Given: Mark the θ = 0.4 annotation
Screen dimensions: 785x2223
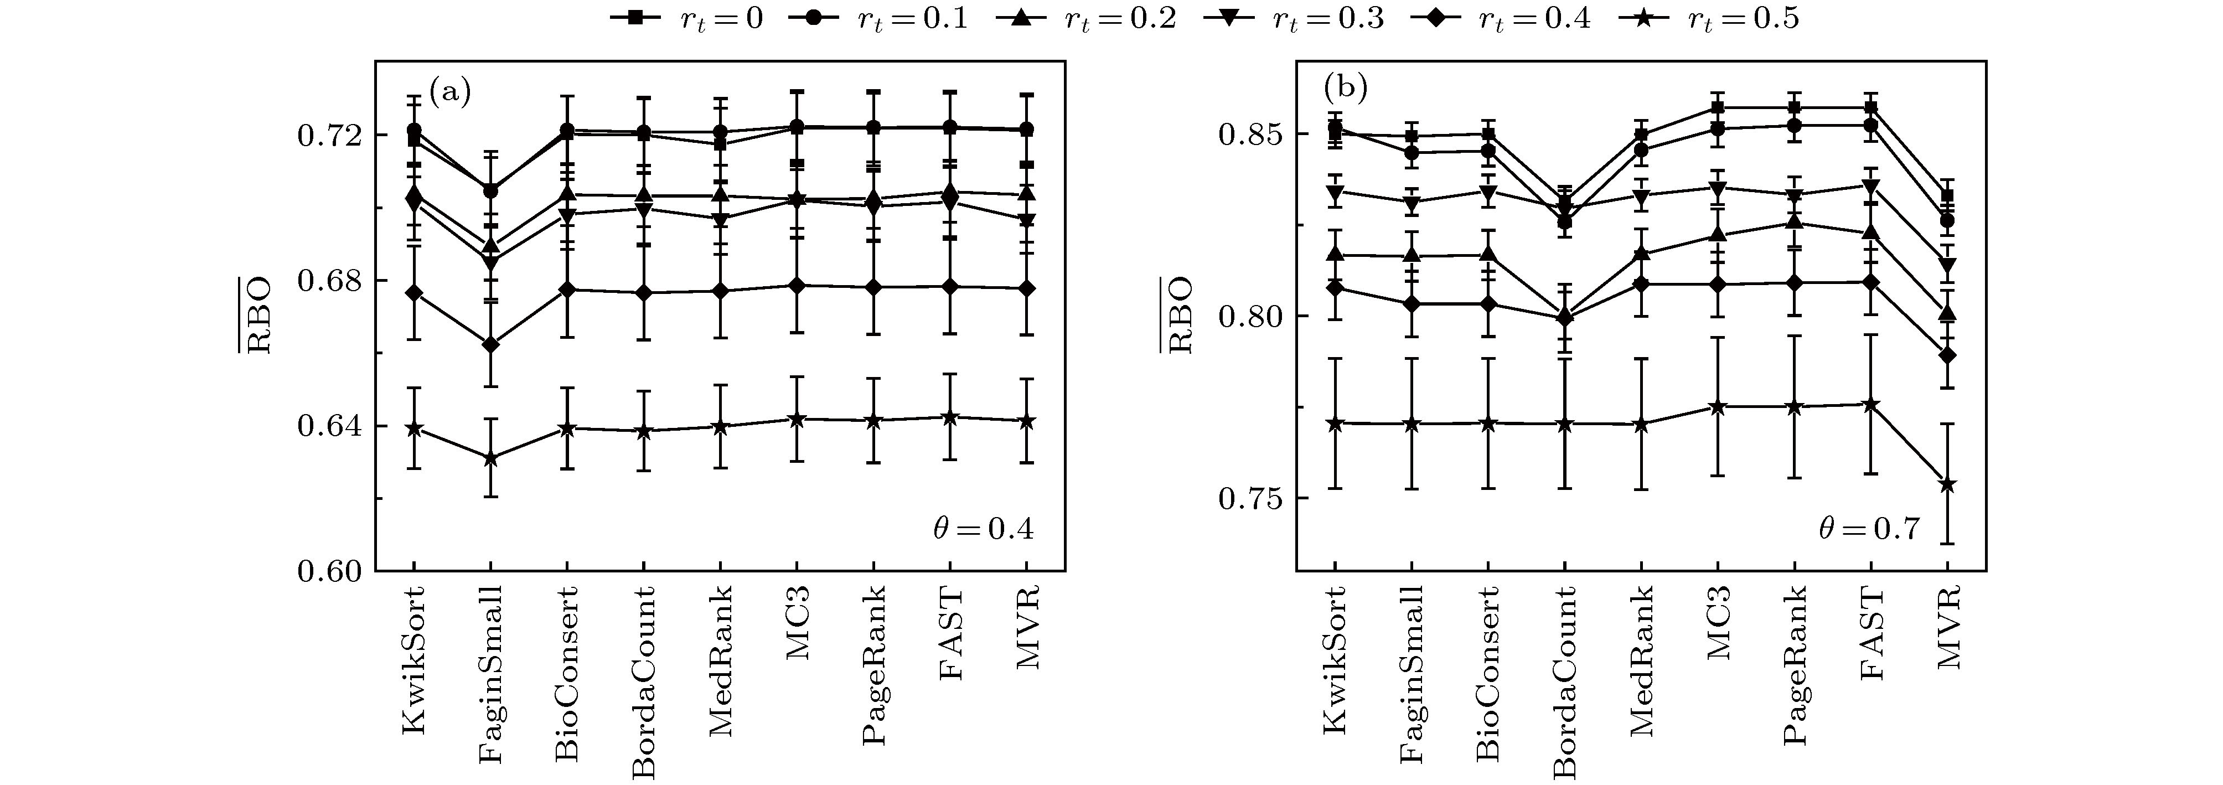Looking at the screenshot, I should click(983, 529).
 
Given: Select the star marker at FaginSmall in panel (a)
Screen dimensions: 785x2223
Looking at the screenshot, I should click(490, 458).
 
